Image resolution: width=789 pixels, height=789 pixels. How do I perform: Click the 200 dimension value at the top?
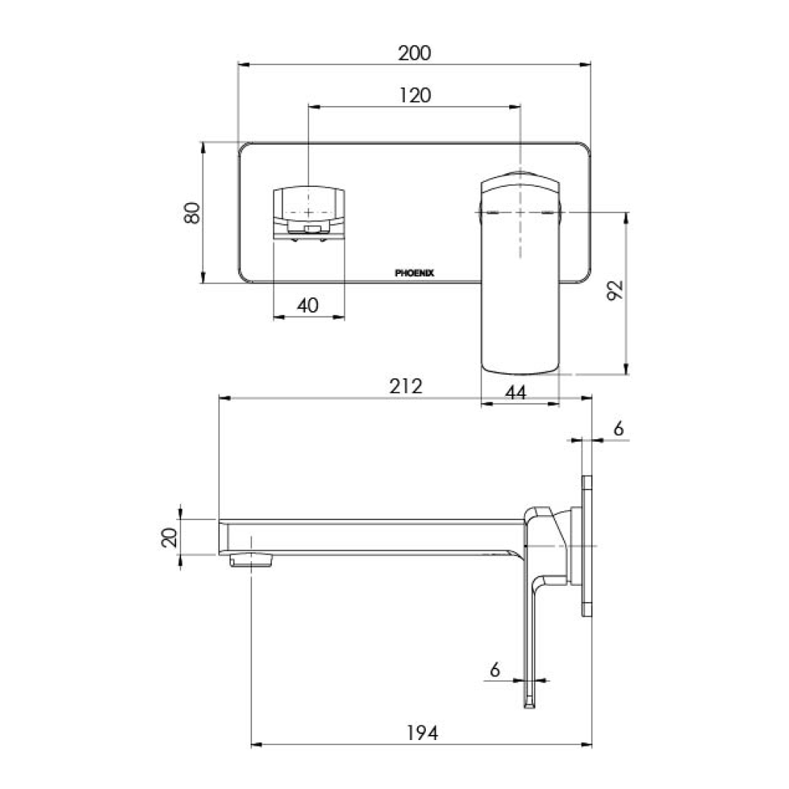(414, 53)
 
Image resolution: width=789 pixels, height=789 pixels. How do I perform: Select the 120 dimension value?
(414, 95)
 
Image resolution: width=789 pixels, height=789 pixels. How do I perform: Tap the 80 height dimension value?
(192, 213)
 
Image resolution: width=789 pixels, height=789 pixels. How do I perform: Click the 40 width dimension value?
(308, 305)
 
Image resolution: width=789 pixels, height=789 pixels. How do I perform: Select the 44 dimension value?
(516, 392)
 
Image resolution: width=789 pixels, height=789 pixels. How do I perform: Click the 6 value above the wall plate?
(618, 429)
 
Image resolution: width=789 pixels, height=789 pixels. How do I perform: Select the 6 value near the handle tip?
(495, 669)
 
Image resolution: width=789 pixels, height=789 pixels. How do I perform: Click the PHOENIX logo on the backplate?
(414, 273)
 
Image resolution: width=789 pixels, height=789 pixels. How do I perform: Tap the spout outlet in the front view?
(309, 212)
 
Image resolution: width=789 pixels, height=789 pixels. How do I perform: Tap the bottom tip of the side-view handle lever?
(528, 704)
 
